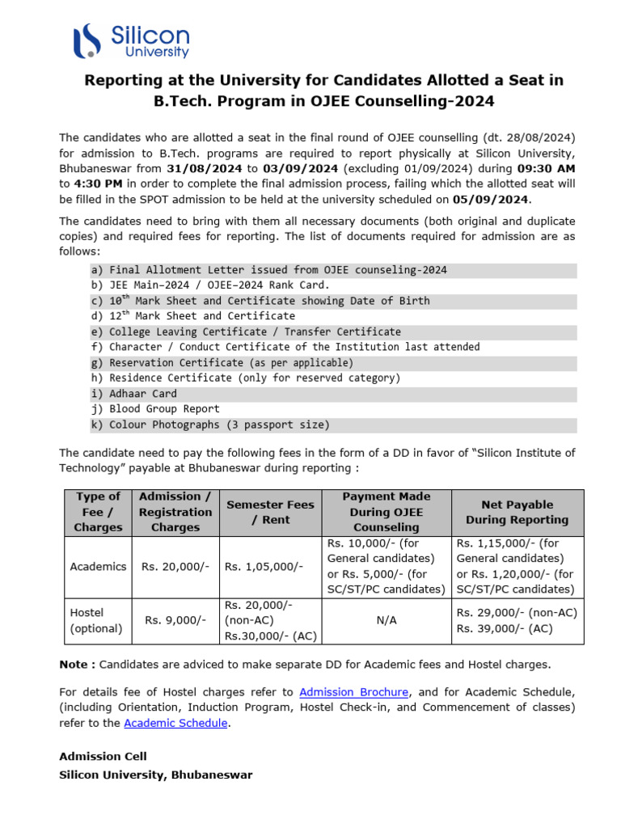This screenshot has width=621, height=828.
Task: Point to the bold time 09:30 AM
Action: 546,168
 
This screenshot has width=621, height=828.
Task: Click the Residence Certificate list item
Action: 254,378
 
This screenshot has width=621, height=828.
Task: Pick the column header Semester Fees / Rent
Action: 269,512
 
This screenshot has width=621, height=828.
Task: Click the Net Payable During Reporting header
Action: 517,512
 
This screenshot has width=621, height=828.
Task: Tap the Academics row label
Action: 98,566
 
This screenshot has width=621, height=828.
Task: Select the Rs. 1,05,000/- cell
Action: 264,566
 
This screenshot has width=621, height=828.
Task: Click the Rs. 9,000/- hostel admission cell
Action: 175,620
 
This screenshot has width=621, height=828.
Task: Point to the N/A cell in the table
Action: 386,620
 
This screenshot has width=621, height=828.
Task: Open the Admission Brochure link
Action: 354,692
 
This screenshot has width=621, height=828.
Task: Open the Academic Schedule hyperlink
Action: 175,723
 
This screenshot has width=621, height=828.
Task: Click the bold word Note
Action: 75,664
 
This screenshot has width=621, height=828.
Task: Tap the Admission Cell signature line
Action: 103,756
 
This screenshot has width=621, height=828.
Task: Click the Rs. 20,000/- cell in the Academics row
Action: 175,566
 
